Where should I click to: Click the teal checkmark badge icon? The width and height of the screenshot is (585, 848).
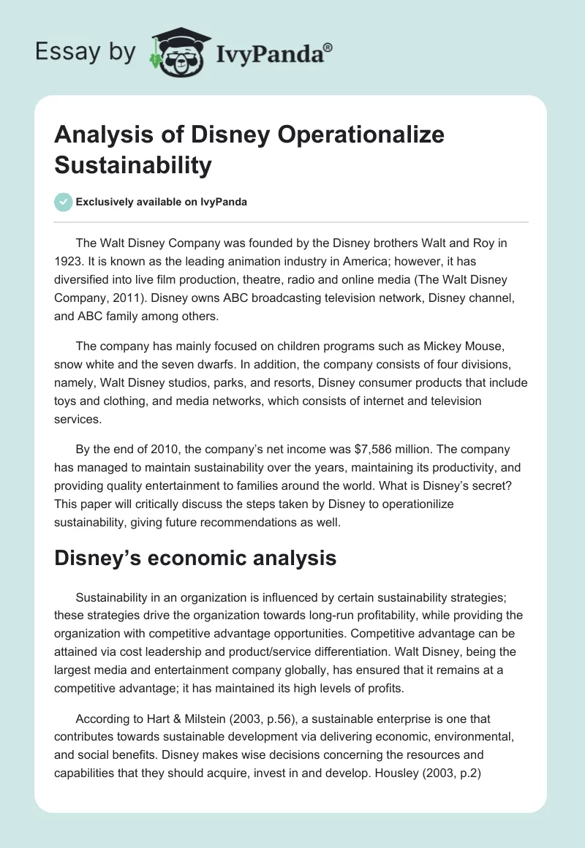coord(64,202)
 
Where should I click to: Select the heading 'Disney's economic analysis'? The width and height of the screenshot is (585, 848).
coord(196,559)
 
